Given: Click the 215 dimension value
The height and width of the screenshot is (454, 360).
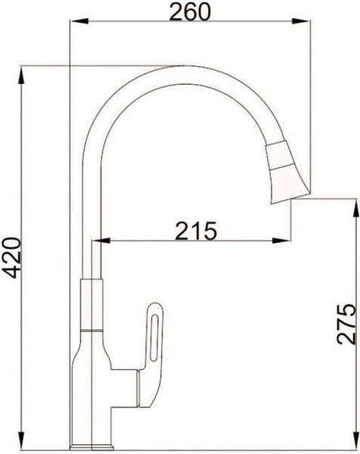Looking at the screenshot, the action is pyautogui.click(x=197, y=231).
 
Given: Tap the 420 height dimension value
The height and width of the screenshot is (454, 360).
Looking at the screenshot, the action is pyautogui.click(x=12, y=258).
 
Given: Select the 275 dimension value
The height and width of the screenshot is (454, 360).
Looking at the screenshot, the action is pyautogui.click(x=346, y=324).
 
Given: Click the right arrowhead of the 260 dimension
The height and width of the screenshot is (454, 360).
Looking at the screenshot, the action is pyautogui.click(x=301, y=20).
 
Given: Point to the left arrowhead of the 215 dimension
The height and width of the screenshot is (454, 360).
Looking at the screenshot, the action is pyautogui.click(x=101, y=240).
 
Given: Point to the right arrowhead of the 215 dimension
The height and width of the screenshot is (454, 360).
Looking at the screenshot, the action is pyautogui.click(x=281, y=240).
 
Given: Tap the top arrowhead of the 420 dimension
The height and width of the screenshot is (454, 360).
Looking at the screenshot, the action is pyautogui.click(x=22, y=76).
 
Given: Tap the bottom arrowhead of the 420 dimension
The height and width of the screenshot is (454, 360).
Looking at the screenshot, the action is pyautogui.click(x=22, y=440).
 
